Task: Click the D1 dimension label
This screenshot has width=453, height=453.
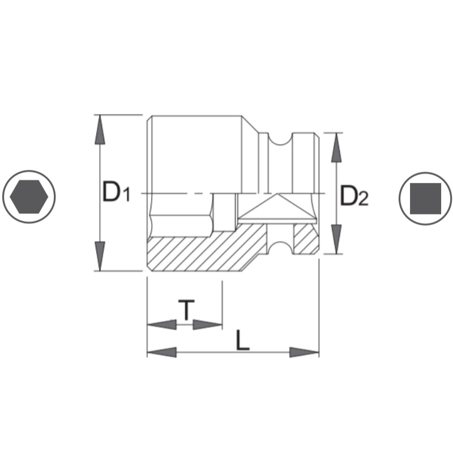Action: (x=117, y=193)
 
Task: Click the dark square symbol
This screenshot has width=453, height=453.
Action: (x=425, y=198)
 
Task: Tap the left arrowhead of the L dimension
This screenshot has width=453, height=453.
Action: (x=162, y=352)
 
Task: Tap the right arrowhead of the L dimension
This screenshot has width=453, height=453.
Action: (x=305, y=352)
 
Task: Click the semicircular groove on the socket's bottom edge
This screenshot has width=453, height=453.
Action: (x=280, y=247)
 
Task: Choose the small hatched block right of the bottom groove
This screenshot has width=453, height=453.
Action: (x=305, y=238)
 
